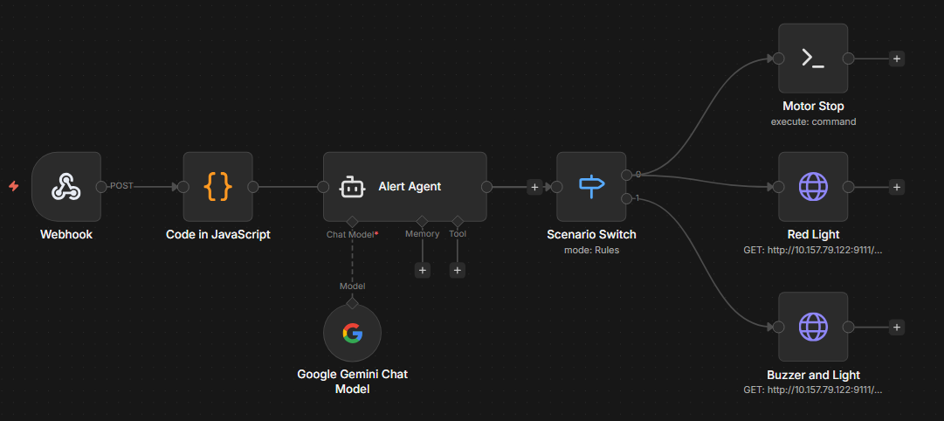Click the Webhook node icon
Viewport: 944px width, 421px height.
pyautogui.click(x=65, y=186)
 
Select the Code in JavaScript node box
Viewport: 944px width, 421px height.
pyautogui.click(x=217, y=186)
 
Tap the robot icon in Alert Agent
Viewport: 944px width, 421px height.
pyautogui.click(x=351, y=186)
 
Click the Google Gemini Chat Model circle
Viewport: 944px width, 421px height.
pyautogui.click(x=352, y=333)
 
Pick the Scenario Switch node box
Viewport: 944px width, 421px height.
pyautogui.click(x=591, y=186)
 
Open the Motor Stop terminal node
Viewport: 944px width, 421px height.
pyautogui.click(x=813, y=59)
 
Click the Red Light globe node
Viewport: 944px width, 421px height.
pyautogui.click(x=813, y=186)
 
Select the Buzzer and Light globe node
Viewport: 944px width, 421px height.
pyautogui.click(x=813, y=327)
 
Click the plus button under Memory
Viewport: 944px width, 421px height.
pyautogui.click(x=423, y=270)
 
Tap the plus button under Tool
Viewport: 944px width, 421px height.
pyautogui.click(x=458, y=270)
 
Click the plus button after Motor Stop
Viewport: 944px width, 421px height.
pyautogui.click(x=896, y=59)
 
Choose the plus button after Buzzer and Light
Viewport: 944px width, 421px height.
pyautogui.click(x=896, y=327)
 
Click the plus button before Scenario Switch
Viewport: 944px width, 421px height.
pyautogui.click(x=534, y=186)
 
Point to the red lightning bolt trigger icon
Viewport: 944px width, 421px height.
pyautogui.click(x=13, y=186)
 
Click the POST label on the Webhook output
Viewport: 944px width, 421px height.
pyautogui.click(x=121, y=186)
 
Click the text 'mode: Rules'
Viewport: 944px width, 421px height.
pyautogui.click(x=591, y=250)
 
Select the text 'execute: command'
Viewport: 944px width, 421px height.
pyautogui.click(x=813, y=121)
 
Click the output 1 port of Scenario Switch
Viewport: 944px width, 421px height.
pyautogui.click(x=626, y=199)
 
